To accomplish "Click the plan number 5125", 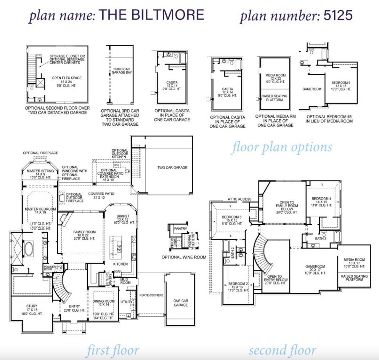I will (338, 15).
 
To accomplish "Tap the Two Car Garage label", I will (172, 168).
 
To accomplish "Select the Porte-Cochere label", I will (151, 295).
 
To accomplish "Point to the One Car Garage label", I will (181, 303).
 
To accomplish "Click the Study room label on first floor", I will (32, 306).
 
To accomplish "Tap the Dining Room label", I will (103, 301).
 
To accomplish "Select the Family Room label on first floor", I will (84, 232).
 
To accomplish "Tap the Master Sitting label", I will (40, 171).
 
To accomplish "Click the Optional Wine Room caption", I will (184, 257).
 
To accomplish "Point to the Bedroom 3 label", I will (232, 217).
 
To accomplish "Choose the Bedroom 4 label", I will (321, 199).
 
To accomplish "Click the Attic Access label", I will (239, 199).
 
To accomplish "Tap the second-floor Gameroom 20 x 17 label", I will (315, 267).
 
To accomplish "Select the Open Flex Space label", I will (66, 78).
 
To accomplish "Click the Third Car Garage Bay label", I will (121, 71).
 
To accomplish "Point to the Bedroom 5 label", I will (341, 83).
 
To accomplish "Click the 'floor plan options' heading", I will (282, 147).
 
